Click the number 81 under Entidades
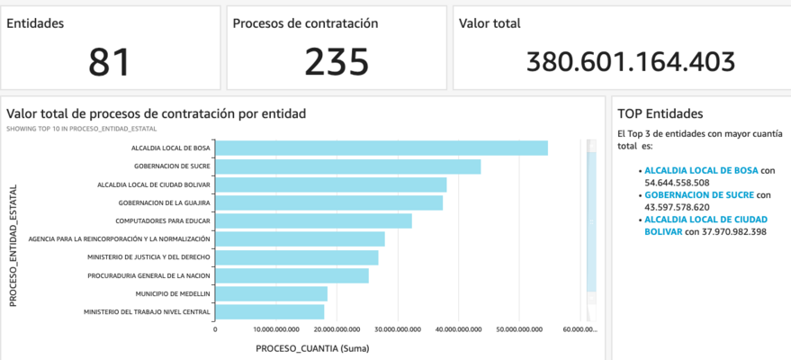[x=109, y=61]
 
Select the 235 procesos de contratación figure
[x=336, y=61]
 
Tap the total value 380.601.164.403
[x=630, y=61]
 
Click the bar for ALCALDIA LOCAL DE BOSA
[x=382, y=148]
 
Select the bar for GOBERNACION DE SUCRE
[x=347, y=166]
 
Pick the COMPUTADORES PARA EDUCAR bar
[x=313, y=220]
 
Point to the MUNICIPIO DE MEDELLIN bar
[x=271, y=293]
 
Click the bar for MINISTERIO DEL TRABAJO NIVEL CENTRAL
[x=269, y=312]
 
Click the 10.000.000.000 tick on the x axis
[x=275, y=329]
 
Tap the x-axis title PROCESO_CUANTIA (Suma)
[x=312, y=347]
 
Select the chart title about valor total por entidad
[x=156, y=113]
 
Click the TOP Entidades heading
[x=660, y=113]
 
